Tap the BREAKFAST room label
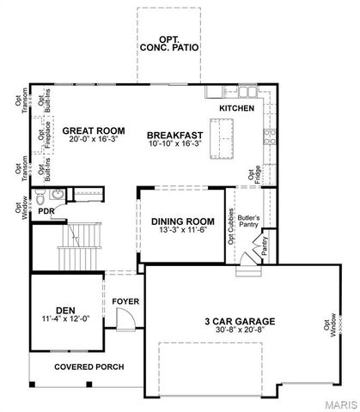(x=174, y=135)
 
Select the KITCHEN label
(x=236, y=109)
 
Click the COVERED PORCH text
(x=89, y=367)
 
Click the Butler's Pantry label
(x=249, y=221)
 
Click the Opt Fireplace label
(x=41, y=138)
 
